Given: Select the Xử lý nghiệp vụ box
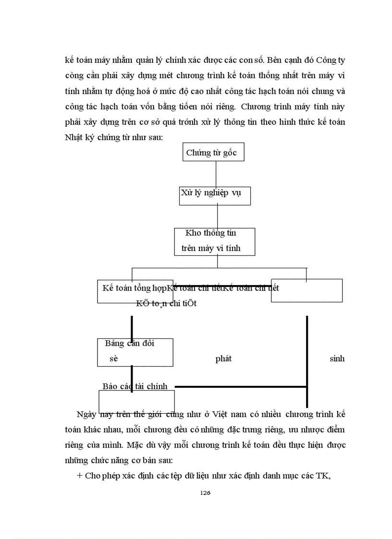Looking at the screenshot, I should (215, 195).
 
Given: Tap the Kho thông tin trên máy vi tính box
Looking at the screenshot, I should (214, 241).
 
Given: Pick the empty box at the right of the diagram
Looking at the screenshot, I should (306, 290).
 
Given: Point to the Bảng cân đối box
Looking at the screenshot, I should (135, 352).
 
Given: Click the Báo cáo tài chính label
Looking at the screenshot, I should (135, 386).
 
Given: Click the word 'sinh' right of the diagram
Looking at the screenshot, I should (337, 359).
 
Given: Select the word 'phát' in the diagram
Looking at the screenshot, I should (223, 359).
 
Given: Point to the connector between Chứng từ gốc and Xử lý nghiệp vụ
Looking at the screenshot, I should (216, 173).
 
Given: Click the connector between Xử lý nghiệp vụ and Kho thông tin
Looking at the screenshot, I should (218, 216).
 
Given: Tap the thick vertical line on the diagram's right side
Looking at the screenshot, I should (307, 360).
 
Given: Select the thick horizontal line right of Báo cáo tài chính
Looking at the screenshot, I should (240, 386).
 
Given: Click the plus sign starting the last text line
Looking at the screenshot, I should (80, 476).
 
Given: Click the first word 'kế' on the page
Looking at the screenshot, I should (70, 61).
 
